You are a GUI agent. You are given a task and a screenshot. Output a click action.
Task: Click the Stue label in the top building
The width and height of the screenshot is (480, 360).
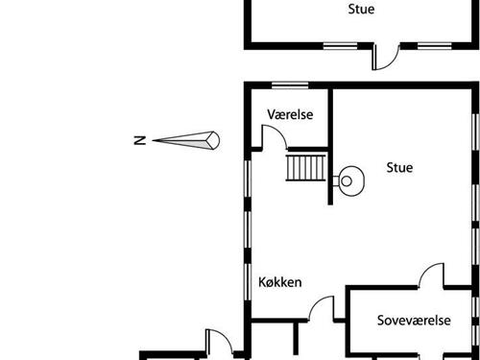pyautogui.click(x=361, y=10)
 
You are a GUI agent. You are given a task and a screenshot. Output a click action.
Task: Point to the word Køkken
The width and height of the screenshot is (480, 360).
pyautogui.click(x=280, y=282)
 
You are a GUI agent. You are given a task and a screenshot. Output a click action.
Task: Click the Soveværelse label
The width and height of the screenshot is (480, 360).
pyautogui.click(x=413, y=321)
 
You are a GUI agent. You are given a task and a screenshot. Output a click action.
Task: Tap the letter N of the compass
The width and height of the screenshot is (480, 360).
pyautogui.click(x=139, y=141)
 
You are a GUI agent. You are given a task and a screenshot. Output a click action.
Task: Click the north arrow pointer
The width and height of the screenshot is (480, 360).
pyautogui.click(x=187, y=140)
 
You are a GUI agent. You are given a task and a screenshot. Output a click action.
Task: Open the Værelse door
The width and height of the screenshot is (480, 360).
pyautogui.click(x=276, y=136)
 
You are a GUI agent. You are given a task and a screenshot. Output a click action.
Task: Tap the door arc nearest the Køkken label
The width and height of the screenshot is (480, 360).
pyautogui.click(x=321, y=309)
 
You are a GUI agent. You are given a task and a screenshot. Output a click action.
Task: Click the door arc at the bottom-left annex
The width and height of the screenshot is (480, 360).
pyautogui.click(x=217, y=342)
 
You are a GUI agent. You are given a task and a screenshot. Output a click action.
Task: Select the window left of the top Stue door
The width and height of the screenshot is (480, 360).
pyautogui.click(x=339, y=45)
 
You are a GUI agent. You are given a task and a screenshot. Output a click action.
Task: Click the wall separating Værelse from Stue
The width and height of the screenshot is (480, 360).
pyautogui.click(x=330, y=120)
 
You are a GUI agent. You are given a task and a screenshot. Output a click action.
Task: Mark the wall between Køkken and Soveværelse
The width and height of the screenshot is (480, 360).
pyautogui.click(x=348, y=317)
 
